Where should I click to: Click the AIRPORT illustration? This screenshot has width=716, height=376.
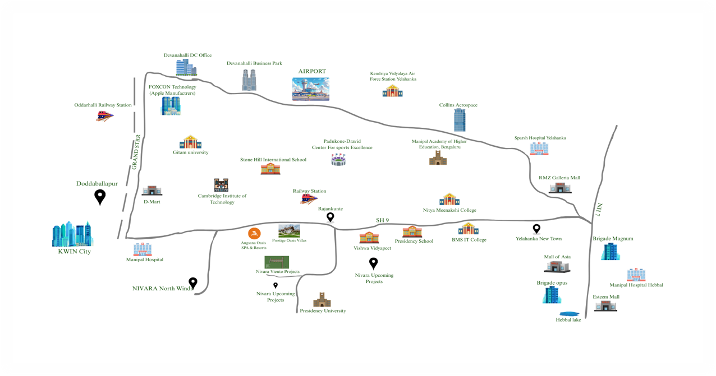pyautogui.click(x=311, y=89)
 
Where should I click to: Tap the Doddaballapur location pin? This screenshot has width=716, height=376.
pyautogui.click(x=100, y=197)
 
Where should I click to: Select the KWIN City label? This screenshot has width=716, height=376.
pyautogui.click(x=75, y=252)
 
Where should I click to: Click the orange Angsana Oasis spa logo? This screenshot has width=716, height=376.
pyautogui.click(x=254, y=233)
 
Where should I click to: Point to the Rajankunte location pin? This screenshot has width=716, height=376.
pyautogui.click(x=330, y=217)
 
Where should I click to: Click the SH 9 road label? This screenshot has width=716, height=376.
pyautogui.click(x=382, y=220)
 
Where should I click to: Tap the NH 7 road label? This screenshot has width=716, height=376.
pyautogui.click(x=599, y=210)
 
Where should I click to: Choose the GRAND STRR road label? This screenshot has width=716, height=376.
pyautogui.click(x=136, y=152)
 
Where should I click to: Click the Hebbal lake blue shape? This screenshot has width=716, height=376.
pyautogui.click(x=570, y=314)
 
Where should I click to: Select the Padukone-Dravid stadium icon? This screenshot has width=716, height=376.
pyautogui.click(x=338, y=160)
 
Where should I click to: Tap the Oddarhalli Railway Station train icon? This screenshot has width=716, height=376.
pyautogui.click(x=104, y=116)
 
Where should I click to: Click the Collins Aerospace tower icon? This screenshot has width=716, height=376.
pyautogui.click(x=460, y=120)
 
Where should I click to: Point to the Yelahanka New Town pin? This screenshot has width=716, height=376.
pyautogui.click(x=536, y=229)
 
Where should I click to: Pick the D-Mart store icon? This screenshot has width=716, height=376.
pyautogui.click(x=152, y=191)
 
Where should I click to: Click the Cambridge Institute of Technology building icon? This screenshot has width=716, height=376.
pyautogui.click(x=221, y=185)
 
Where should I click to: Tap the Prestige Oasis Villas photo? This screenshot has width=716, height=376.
pyautogui.click(x=289, y=231)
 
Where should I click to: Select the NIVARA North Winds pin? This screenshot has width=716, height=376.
pyautogui.click(x=192, y=283)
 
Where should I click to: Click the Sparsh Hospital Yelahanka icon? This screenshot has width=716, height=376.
pyautogui.click(x=539, y=148)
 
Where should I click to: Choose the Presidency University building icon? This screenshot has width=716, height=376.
pyautogui.click(x=322, y=299)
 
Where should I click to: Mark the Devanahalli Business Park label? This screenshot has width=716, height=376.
pyautogui.click(x=254, y=63)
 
